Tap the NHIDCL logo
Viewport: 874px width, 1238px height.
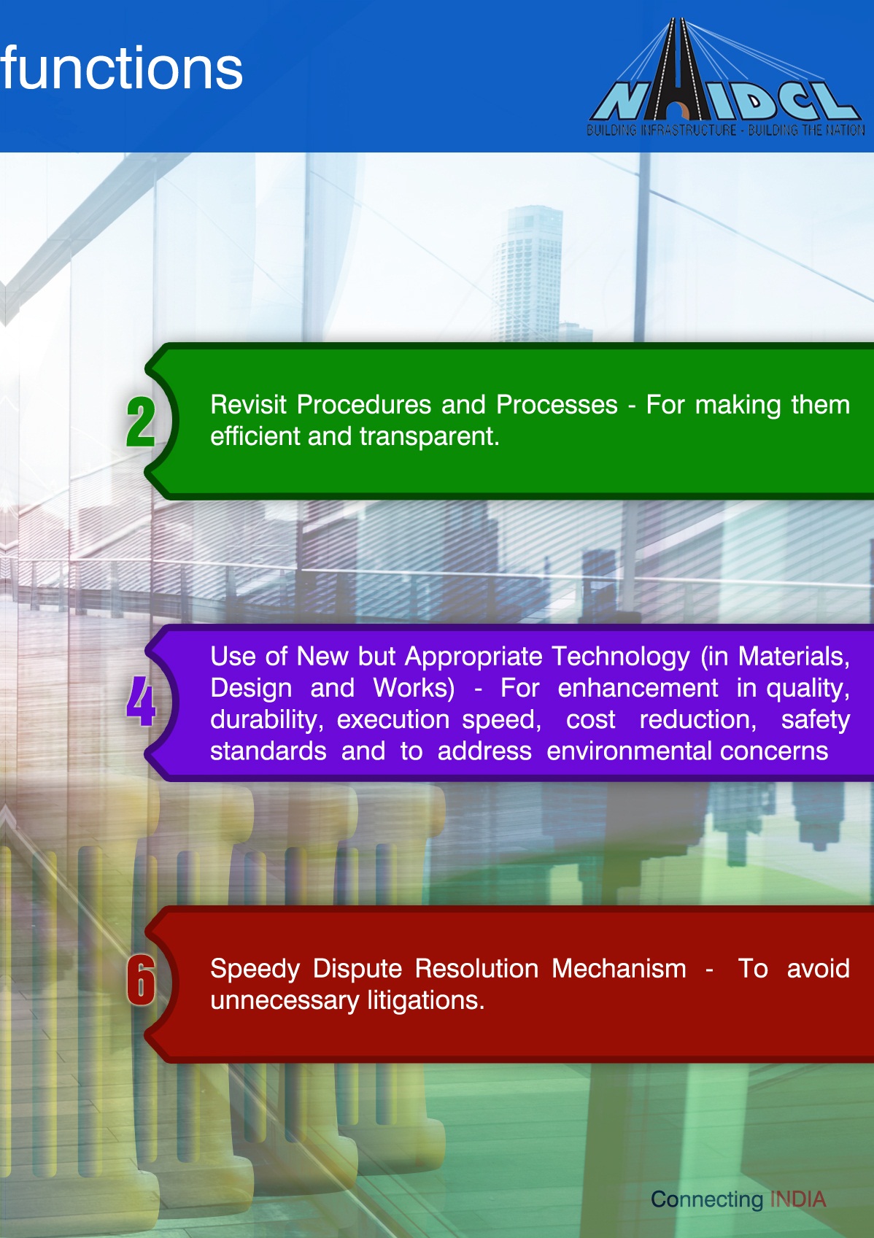pyautogui.click(x=725, y=77)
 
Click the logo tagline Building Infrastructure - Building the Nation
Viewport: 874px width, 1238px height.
pyautogui.click(x=725, y=131)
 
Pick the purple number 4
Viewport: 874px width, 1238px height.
pyautogui.click(x=140, y=701)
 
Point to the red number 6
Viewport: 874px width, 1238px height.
pyautogui.click(x=140, y=981)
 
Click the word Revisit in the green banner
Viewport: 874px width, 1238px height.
pyautogui.click(x=248, y=405)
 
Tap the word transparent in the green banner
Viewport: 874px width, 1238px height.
pyautogui.click(x=430, y=436)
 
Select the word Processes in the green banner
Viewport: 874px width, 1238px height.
pyautogui.click(x=557, y=405)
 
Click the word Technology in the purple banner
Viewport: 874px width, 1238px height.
pyautogui.click(x=621, y=657)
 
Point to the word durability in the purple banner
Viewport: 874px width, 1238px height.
pyautogui.click(x=264, y=720)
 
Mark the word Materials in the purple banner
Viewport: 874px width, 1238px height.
pyautogui.click(x=794, y=657)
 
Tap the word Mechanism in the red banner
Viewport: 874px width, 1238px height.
pyautogui.click(x=619, y=969)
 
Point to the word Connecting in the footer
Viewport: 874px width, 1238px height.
pyautogui.click(x=706, y=1200)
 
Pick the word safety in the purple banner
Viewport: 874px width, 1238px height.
pyautogui.click(x=816, y=720)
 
